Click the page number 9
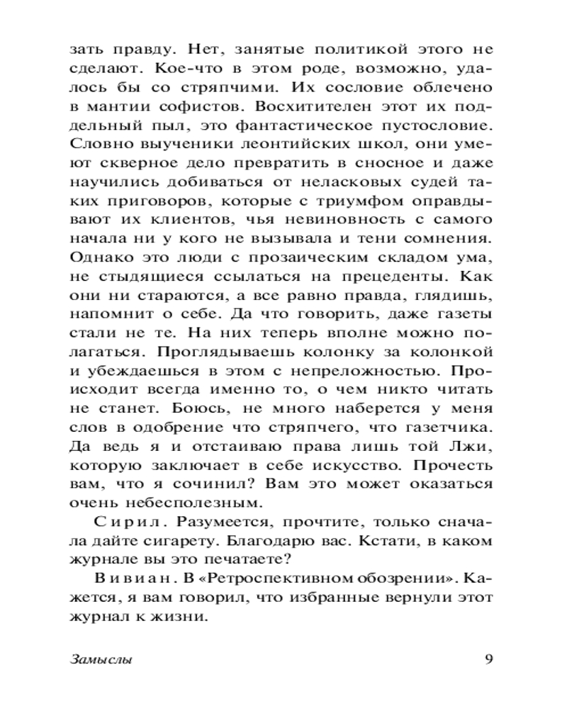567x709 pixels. point(489,659)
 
